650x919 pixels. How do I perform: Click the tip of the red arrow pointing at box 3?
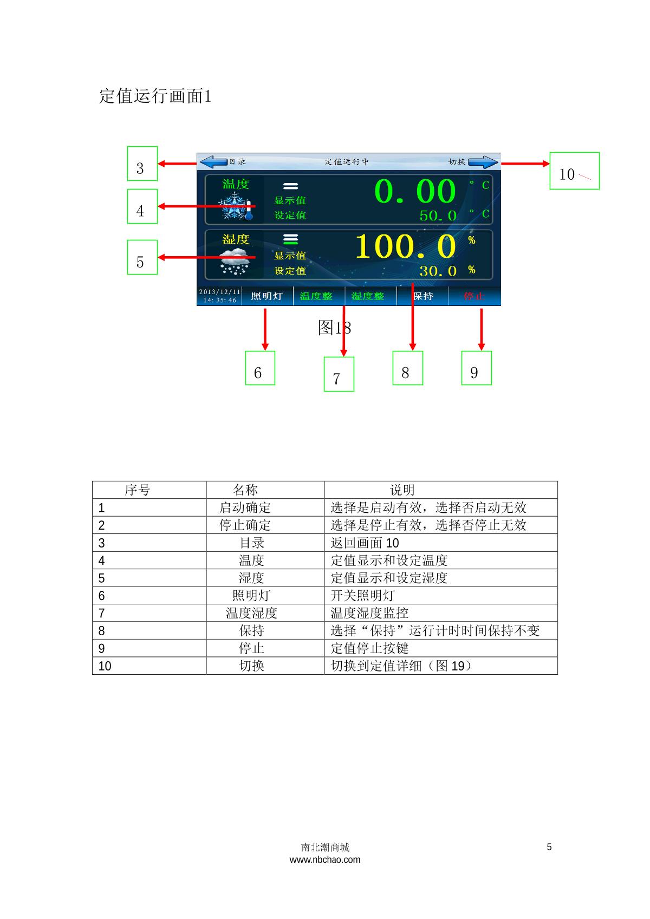158,164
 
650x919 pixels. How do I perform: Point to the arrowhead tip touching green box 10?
549,164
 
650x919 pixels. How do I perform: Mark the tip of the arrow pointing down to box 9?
482,351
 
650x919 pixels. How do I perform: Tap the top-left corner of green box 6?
245,351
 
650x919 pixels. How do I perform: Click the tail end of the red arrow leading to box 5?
255,257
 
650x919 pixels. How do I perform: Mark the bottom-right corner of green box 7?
354,392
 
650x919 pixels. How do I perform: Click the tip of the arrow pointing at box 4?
158,206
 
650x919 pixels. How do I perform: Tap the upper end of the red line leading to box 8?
412,282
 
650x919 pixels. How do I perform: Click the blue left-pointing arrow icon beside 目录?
213,161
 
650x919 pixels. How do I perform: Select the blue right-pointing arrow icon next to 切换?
483,161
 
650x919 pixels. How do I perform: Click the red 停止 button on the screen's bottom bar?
474,296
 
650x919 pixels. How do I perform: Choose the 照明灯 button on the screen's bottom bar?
267,296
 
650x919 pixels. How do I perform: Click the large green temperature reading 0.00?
415,192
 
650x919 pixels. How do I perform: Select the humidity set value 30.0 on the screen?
438,271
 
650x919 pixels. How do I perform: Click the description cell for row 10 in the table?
441,666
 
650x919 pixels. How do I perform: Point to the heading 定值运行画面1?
155,96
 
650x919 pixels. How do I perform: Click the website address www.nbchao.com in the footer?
325,859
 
